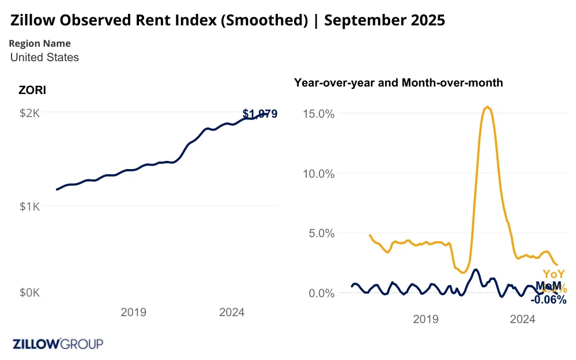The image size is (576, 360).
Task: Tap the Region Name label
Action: pyautogui.click(x=40, y=43)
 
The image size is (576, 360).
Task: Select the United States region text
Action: pyautogui.click(x=44, y=57)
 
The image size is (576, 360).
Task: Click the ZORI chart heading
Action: pyautogui.click(x=32, y=90)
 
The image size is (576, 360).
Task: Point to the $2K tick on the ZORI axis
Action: pyautogui.click(x=29, y=113)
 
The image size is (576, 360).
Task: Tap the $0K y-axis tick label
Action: pyautogui.click(x=29, y=293)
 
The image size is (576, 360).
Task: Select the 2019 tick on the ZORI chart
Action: pyautogui.click(x=133, y=312)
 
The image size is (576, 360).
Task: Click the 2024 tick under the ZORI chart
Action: pyautogui.click(x=232, y=312)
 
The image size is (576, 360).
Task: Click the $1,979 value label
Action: pyautogui.click(x=260, y=114)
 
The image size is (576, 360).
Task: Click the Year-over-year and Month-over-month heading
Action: pyautogui.click(x=398, y=82)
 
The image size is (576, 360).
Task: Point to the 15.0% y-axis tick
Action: pyautogui.click(x=319, y=113)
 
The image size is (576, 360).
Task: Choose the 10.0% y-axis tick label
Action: pyautogui.click(x=319, y=173)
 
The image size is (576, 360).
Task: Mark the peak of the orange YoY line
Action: pyautogui.click(x=488, y=107)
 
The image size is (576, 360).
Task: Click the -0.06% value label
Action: pyautogui.click(x=548, y=299)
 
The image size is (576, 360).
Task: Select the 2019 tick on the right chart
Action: pyautogui.click(x=426, y=318)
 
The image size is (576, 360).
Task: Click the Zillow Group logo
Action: pyautogui.click(x=58, y=344)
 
